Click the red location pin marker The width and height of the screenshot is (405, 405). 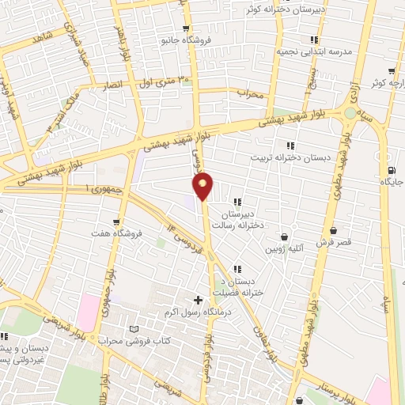point(203,186)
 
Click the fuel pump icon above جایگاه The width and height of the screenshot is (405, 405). point(392,171)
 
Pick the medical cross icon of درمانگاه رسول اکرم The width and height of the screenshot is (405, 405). point(198,299)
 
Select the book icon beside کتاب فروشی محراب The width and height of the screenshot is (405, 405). point(133,329)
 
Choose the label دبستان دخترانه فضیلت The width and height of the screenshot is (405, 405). point(238,287)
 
